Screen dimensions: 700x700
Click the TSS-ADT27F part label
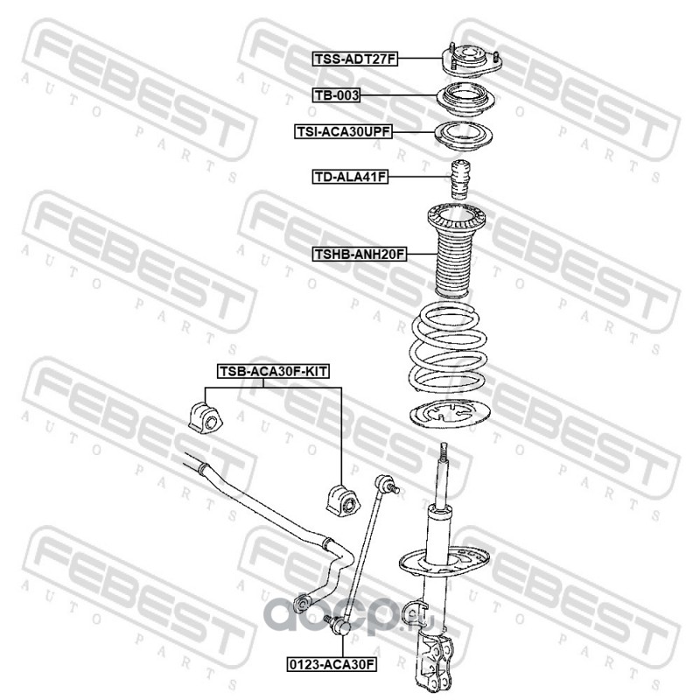[x=355, y=59]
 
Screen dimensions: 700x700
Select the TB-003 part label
[x=336, y=95]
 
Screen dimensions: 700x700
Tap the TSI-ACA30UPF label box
[x=343, y=131]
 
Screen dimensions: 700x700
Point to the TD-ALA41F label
[x=350, y=177]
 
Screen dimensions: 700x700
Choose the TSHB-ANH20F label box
[x=360, y=254]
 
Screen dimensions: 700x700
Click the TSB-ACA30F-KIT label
[x=273, y=371]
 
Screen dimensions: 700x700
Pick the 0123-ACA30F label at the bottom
[x=332, y=664]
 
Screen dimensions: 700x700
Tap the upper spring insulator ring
[x=463, y=136]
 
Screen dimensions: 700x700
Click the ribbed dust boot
[x=455, y=250]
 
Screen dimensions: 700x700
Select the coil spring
[x=448, y=347]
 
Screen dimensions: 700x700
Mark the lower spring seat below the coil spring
[x=451, y=413]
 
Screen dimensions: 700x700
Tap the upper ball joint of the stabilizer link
[x=386, y=485]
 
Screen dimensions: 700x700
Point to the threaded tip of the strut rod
[x=444, y=451]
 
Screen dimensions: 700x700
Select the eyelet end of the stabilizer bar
[x=302, y=604]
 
